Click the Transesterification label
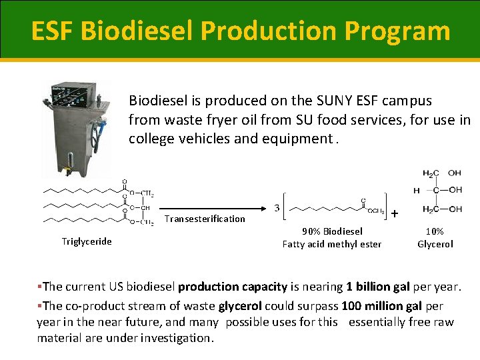coord(205,219)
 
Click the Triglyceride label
coord(87,241)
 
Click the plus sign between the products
coord(395,213)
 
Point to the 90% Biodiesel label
coord(332,231)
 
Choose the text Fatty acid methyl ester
coord(332,244)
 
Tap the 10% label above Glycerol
coord(435,231)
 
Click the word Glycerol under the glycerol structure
coord(435,244)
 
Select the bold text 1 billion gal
coord(377,287)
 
